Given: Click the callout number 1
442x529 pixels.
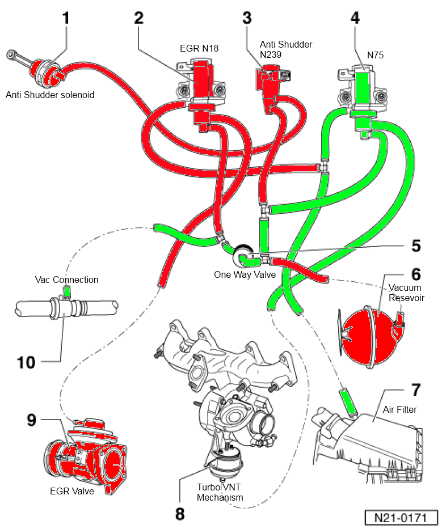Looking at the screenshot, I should (66, 18).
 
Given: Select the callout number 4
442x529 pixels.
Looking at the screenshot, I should (355, 18).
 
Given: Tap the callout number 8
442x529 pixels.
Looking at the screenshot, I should (180, 514).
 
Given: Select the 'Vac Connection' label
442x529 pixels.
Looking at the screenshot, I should (66, 280).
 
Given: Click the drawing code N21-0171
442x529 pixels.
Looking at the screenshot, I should (402, 518).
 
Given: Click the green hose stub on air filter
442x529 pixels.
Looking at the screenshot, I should (347, 400).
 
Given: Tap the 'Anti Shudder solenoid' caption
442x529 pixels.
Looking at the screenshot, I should (50, 95).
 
